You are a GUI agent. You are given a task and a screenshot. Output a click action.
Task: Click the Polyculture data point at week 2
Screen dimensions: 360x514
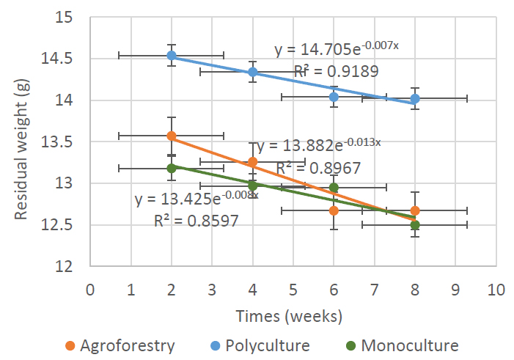click(172, 55)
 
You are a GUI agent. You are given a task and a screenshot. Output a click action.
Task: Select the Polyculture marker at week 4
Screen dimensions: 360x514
click(253, 72)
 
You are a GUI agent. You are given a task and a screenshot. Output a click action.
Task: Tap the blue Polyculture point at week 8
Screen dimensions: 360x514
click(415, 98)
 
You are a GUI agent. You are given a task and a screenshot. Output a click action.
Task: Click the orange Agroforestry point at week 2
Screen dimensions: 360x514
click(172, 136)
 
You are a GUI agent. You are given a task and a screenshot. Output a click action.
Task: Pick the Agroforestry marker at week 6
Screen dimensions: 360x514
click(334, 210)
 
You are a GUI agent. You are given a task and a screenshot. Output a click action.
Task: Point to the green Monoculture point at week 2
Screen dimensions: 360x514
click(172, 168)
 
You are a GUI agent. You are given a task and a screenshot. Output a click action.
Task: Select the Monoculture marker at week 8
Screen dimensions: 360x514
click(415, 225)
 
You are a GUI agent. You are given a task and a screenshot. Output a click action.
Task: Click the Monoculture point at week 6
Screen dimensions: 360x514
click(334, 188)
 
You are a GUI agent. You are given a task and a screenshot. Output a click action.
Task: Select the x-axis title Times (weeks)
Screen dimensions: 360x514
click(289, 316)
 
